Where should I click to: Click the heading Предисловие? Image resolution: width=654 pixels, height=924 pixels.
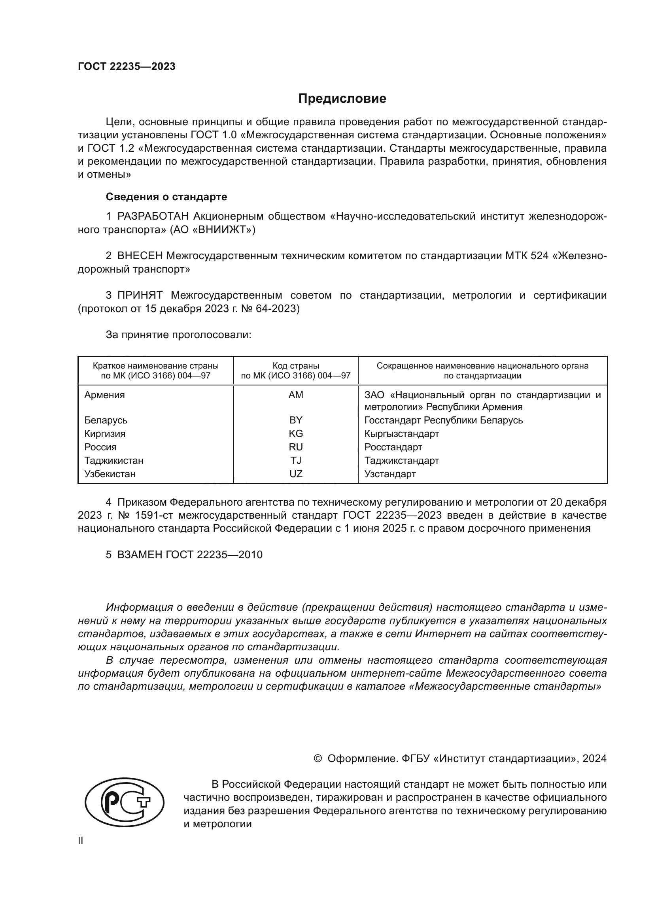pyautogui.click(x=342, y=99)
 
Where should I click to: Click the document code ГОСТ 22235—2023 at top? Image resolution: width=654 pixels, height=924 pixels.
pyautogui.click(x=127, y=67)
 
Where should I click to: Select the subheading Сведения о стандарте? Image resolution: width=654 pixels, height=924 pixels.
pyautogui.click(x=166, y=197)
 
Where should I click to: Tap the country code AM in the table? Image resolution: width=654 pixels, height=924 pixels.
pyautogui.click(x=296, y=395)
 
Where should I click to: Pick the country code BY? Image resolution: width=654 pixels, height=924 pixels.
pyautogui.click(x=296, y=420)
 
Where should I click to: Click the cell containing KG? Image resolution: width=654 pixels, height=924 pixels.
pyautogui.click(x=296, y=434)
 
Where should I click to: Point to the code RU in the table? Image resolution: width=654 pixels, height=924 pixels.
pyautogui.click(x=296, y=447)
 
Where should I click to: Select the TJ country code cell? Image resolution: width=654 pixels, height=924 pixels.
pyautogui.click(x=296, y=460)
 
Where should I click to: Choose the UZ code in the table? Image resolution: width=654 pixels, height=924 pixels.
pyautogui.click(x=296, y=474)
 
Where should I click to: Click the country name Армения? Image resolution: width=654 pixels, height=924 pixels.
pyautogui.click(x=104, y=395)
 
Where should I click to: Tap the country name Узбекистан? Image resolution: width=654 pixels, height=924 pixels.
pyautogui.click(x=110, y=474)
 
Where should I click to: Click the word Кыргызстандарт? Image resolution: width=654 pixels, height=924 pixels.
pyautogui.click(x=401, y=434)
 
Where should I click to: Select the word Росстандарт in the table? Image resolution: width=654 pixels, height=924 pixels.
pyautogui.click(x=393, y=447)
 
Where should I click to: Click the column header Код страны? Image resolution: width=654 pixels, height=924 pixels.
pyautogui.click(x=296, y=366)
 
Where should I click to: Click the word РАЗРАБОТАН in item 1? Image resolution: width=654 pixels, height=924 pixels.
pyautogui.click(x=153, y=216)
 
